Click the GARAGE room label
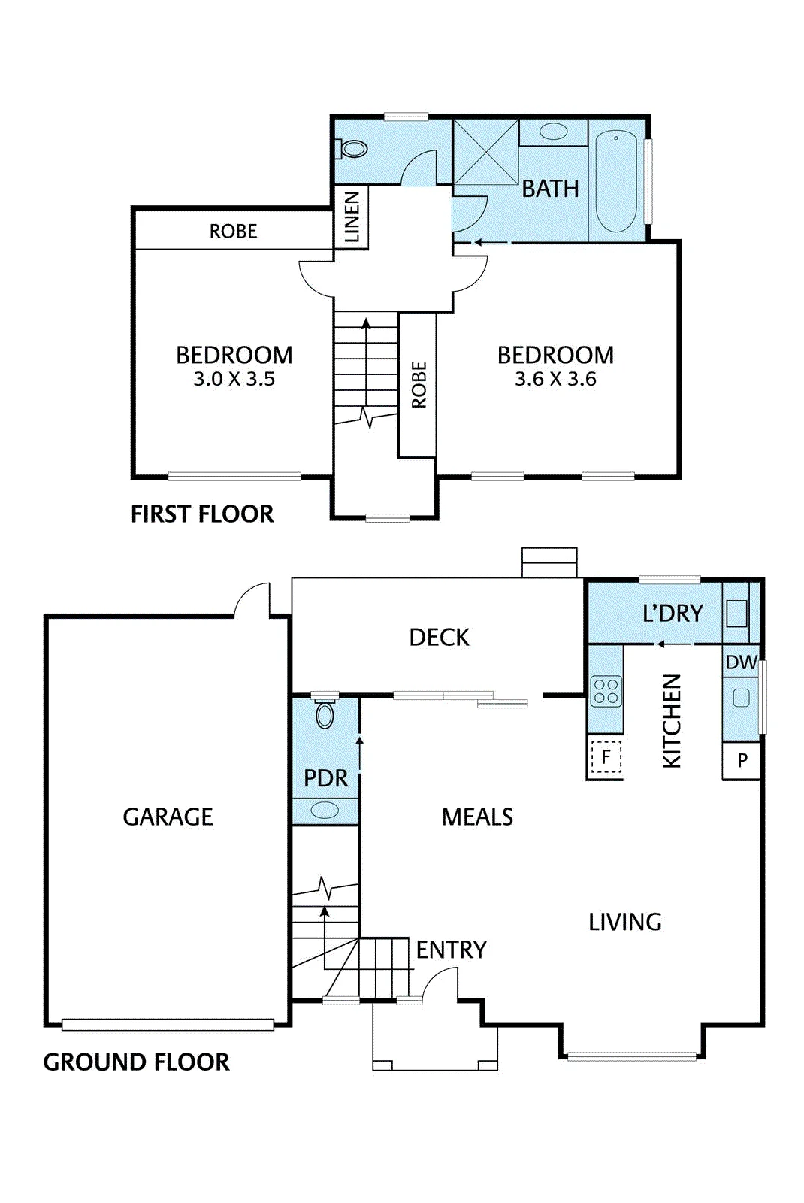[168, 817]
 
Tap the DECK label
[439, 638]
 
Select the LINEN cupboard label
[351, 217]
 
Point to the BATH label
[550, 189]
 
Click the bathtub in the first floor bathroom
[615, 181]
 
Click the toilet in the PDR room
[325, 712]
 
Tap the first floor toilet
[351, 148]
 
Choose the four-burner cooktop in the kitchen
[606, 691]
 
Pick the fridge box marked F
[606, 756]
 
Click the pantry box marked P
[741, 760]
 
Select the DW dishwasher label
[741, 662]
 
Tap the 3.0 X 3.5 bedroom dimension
[234, 379]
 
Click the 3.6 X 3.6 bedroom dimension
[555, 379]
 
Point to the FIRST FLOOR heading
[202, 514]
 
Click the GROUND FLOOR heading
[136, 1062]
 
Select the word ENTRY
[452, 950]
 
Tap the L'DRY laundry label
[673, 613]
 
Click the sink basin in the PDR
[325, 811]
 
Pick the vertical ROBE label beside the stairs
[419, 384]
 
